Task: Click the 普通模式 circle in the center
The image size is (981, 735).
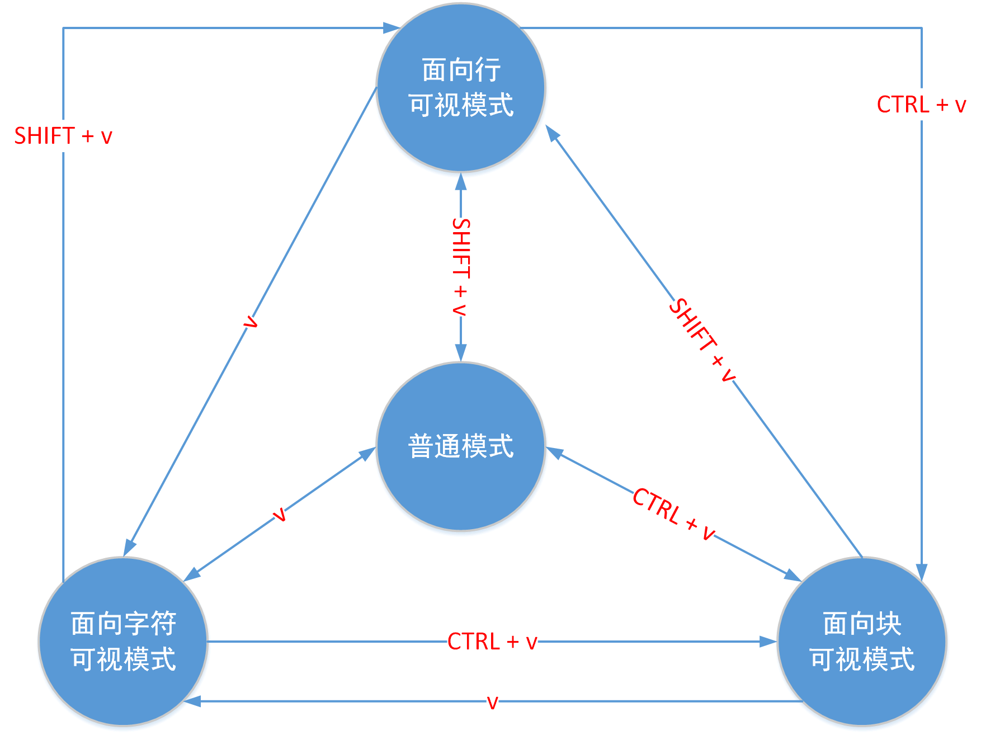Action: (461, 446)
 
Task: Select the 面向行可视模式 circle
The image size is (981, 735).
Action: (461, 88)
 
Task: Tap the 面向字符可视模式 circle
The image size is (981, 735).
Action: (123, 641)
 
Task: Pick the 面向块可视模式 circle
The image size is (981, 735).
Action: (862, 641)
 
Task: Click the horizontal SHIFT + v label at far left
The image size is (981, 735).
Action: (63, 136)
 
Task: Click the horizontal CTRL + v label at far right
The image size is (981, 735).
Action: (921, 105)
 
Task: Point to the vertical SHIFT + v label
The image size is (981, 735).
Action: (461, 267)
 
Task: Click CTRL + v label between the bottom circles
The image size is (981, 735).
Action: (492, 642)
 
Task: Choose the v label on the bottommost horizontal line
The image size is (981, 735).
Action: (492, 702)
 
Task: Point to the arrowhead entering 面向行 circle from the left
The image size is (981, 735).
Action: (392, 27)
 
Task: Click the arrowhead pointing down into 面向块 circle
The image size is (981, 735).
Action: (921, 573)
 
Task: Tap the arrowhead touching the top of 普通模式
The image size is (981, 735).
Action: (461, 353)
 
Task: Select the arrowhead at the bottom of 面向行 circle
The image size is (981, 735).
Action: (461, 181)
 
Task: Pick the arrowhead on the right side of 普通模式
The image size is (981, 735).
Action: (554, 451)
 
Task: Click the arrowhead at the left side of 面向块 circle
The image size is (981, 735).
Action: (768, 642)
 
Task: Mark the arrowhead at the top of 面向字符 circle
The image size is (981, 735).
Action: (129, 548)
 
